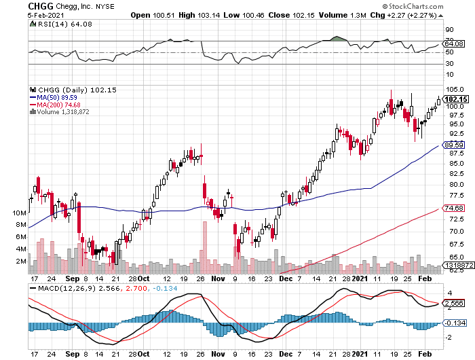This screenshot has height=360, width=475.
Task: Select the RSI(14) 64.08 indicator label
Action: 56,25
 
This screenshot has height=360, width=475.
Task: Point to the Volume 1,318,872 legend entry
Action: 62,112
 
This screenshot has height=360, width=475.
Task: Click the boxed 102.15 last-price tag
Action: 453,98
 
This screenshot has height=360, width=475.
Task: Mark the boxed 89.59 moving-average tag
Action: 453,145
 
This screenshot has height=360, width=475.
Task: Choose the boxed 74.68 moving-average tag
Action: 453,207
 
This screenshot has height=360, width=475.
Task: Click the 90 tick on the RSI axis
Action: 449,30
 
